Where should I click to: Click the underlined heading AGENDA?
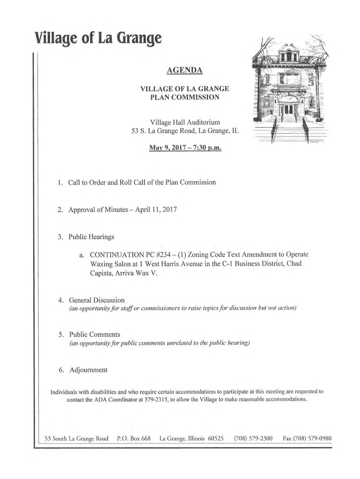(185, 71)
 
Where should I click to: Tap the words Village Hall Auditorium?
(185, 122)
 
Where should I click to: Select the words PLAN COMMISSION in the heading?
(185, 97)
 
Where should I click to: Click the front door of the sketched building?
(289, 109)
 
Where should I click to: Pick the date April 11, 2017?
(156, 210)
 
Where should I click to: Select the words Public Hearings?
(91, 237)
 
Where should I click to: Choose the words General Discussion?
(97, 300)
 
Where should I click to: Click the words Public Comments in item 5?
(94, 334)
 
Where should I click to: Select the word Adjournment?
(88, 370)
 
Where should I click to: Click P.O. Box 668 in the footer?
(134, 439)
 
